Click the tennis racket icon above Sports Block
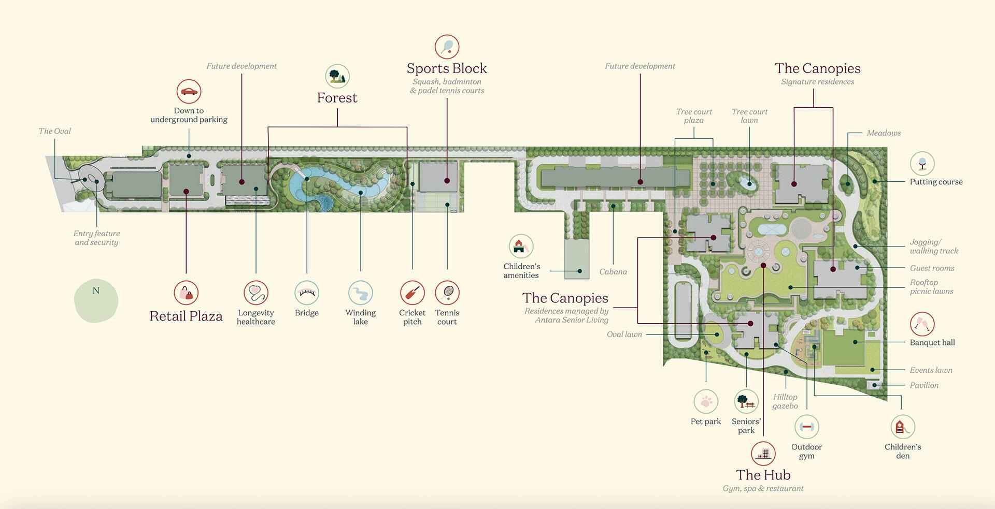click(447, 47)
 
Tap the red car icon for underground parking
click(189, 92)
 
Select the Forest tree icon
click(337, 76)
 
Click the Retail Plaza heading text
click(186, 316)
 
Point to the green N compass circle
click(96, 300)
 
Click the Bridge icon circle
click(307, 293)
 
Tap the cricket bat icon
click(413, 293)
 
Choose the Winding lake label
click(361, 317)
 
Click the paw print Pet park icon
click(706, 401)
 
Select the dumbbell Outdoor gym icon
click(806, 427)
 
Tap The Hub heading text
click(763, 475)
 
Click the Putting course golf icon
click(922, 164)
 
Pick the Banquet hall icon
click(922, 324)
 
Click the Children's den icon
click(903, 427)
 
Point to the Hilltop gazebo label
click(785, 401)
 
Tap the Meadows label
click(884, 133)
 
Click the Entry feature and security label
click(96, 238)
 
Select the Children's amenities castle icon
click(521, 246)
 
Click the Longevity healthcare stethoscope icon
click(256, 293)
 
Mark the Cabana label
click(613, 272)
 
